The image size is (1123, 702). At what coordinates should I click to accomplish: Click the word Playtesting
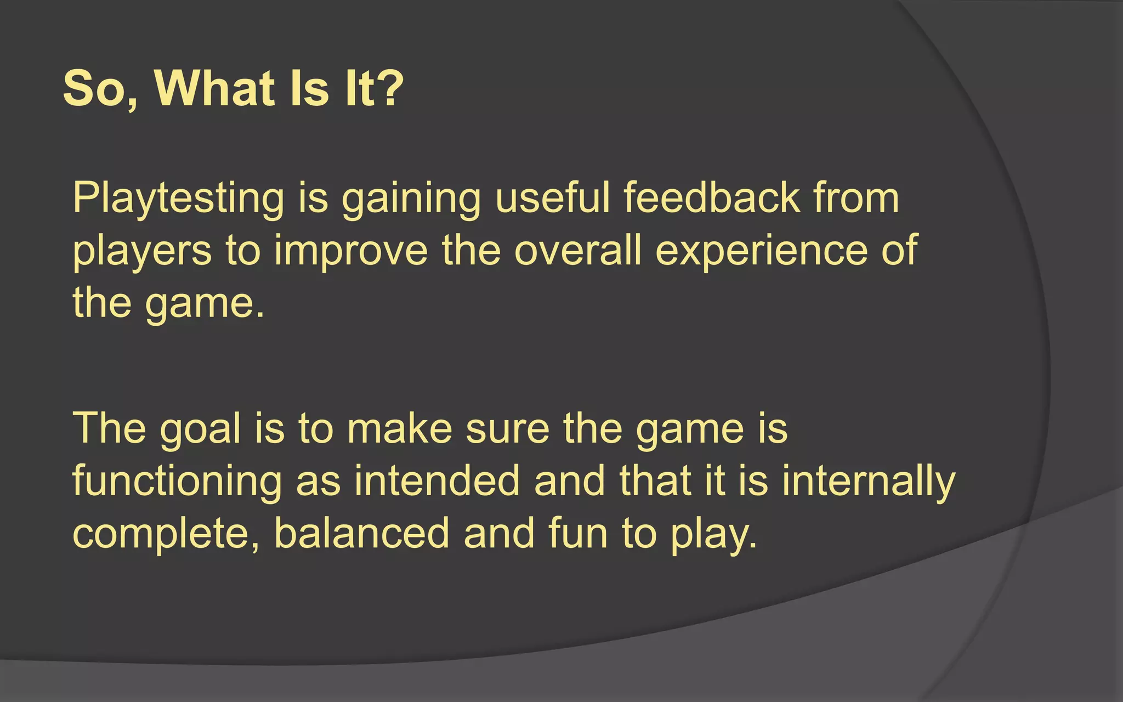(178, 199)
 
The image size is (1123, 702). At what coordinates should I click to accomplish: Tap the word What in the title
(214, 89)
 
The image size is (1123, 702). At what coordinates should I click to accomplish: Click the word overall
(577, 250)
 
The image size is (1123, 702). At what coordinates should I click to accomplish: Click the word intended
(436, 480)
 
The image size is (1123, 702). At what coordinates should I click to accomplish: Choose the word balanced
(362, 533)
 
